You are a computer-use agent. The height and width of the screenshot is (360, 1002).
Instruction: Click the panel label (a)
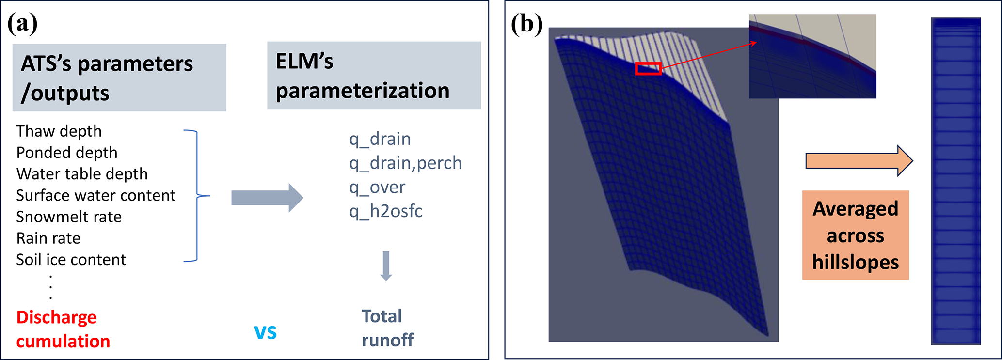22,23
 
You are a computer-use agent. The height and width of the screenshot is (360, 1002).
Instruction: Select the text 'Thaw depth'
59,131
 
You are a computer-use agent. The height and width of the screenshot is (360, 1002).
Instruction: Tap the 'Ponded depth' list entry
67,153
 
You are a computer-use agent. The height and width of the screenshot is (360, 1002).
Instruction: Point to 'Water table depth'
82,174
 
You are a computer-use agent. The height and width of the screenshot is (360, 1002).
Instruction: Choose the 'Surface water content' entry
95,195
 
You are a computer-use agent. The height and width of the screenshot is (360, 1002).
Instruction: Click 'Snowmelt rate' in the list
69,217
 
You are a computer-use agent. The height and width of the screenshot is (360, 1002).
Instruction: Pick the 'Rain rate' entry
48,238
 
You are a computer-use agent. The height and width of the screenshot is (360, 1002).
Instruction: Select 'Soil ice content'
71,260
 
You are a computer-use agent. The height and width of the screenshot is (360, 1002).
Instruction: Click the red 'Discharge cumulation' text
63,329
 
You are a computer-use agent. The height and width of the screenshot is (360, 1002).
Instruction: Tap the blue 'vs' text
266,332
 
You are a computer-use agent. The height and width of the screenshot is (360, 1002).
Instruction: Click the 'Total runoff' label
387,328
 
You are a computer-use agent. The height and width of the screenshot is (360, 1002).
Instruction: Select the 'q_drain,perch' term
405,163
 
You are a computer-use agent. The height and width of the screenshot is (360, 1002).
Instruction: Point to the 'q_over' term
377,187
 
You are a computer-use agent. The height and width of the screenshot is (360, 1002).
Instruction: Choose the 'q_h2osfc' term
386,211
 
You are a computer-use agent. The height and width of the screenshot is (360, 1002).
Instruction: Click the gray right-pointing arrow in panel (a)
267,198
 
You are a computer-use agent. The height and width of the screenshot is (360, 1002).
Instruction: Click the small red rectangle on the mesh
648,69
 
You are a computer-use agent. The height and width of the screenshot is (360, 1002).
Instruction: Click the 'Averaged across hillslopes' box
855,235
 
